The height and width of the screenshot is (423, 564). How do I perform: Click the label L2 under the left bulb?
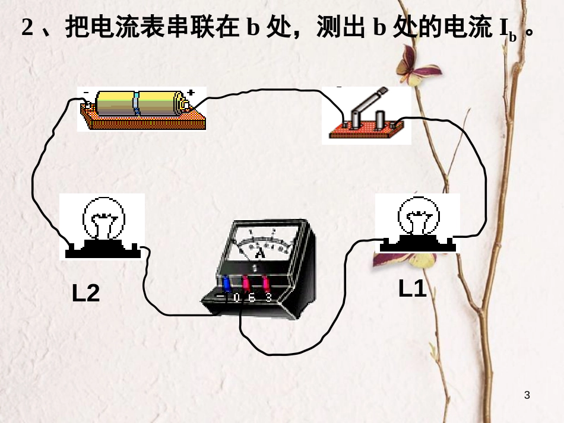(x=86, y=293)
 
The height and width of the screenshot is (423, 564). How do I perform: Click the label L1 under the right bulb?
(x=412, y=289)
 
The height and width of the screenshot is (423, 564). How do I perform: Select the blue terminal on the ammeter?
(x=226, y=282)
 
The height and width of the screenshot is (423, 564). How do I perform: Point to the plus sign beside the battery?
(x=191, y=92)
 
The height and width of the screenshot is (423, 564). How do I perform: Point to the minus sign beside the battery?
(x=85, y=93)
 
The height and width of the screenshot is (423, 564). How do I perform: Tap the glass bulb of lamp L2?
(x=104, y=217)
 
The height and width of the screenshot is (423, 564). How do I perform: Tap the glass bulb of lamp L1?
(x=419, y=215)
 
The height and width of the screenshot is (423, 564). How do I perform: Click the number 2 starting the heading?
(x=27, y=27)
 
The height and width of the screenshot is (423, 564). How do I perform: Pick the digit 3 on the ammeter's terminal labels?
(x=268, y=297)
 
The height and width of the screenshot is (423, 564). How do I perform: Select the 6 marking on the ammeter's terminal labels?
(x=252, y=297)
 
